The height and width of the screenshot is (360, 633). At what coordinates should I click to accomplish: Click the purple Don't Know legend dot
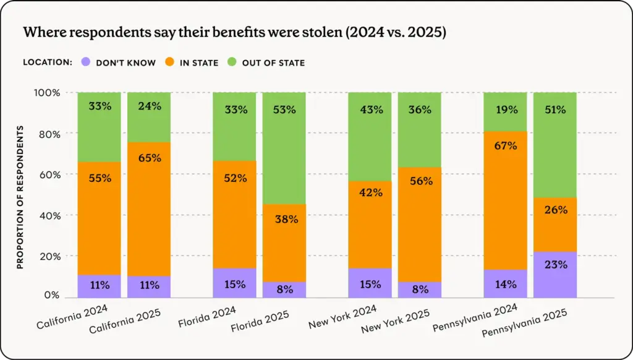[86, 62]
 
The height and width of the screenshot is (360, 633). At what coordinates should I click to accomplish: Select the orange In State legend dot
[169, 62]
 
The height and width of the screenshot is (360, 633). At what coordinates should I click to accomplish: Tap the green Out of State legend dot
[232, 62]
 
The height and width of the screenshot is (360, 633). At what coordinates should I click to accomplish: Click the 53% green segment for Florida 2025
[284, 148]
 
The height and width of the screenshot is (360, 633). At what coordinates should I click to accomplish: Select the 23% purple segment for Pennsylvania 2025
[554, 274]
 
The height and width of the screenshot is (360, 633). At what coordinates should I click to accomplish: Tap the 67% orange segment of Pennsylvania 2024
[505, 200]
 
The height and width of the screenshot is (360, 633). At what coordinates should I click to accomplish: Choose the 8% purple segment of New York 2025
[419, 289]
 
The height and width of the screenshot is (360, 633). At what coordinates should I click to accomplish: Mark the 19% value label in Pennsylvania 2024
[505, 109]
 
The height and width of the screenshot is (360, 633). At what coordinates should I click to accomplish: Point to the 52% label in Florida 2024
[235, 178]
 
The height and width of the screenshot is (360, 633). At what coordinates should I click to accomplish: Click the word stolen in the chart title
[301, 33]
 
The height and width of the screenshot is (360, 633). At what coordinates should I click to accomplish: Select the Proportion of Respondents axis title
[20, 197]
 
